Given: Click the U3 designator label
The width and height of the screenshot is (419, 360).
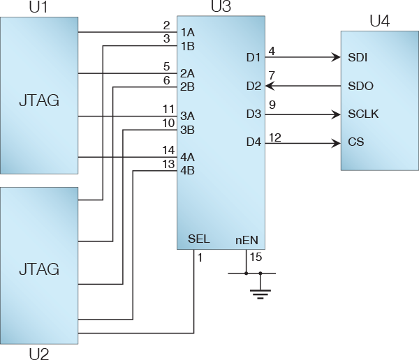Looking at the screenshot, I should (x=221, y=8).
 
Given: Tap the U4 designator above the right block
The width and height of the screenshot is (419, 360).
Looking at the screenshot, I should (x=379, y=22).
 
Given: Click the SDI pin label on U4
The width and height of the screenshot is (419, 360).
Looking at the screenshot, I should (x=358, y=57).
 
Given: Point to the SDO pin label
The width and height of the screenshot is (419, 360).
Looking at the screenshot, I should (x=360, y=86).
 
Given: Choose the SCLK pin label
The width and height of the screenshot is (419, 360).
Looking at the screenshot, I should (x=363, y=114).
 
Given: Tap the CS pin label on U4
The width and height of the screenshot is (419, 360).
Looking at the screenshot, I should (x=355, y=142).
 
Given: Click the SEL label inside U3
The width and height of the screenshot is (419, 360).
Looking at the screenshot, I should (x=199, y=239).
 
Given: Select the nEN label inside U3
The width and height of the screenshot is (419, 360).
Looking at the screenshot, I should (x=247, y=240).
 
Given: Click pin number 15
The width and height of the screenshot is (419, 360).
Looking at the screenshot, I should (x=256, y=257).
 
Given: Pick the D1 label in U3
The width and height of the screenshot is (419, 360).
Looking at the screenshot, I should (x=253, y=57).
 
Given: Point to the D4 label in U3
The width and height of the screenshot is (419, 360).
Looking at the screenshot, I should (x=253, y=142).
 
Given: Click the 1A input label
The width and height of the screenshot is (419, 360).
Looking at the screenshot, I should (x=187, y=33).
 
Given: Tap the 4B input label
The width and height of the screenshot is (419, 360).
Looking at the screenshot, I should (x=187, y=170).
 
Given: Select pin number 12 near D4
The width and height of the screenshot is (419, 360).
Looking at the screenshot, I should (x=274, y=137).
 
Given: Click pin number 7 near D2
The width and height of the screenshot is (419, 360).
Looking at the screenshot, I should (x=272, y=75).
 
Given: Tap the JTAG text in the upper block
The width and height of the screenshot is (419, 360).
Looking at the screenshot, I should (x=38, y=100).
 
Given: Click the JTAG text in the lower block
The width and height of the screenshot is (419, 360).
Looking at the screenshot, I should (x=38, y=269).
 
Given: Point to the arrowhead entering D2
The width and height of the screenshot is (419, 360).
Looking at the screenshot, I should (x=270, y=86).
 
